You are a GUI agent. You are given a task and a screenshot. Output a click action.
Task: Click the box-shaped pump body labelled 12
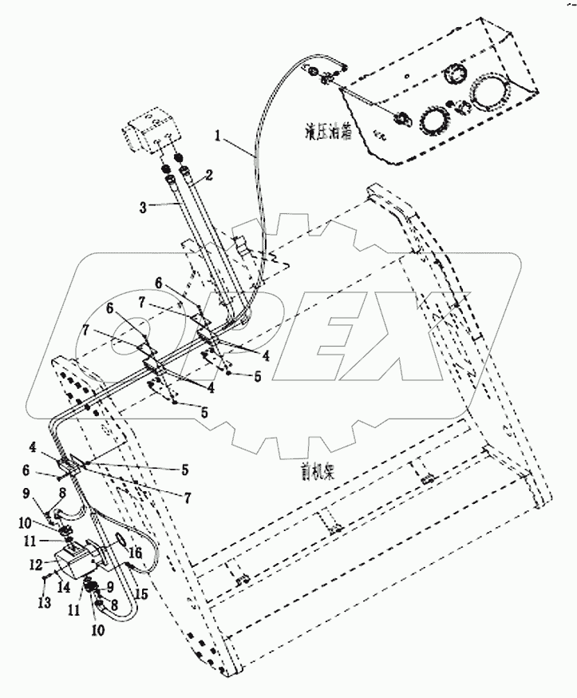[80, 563]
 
